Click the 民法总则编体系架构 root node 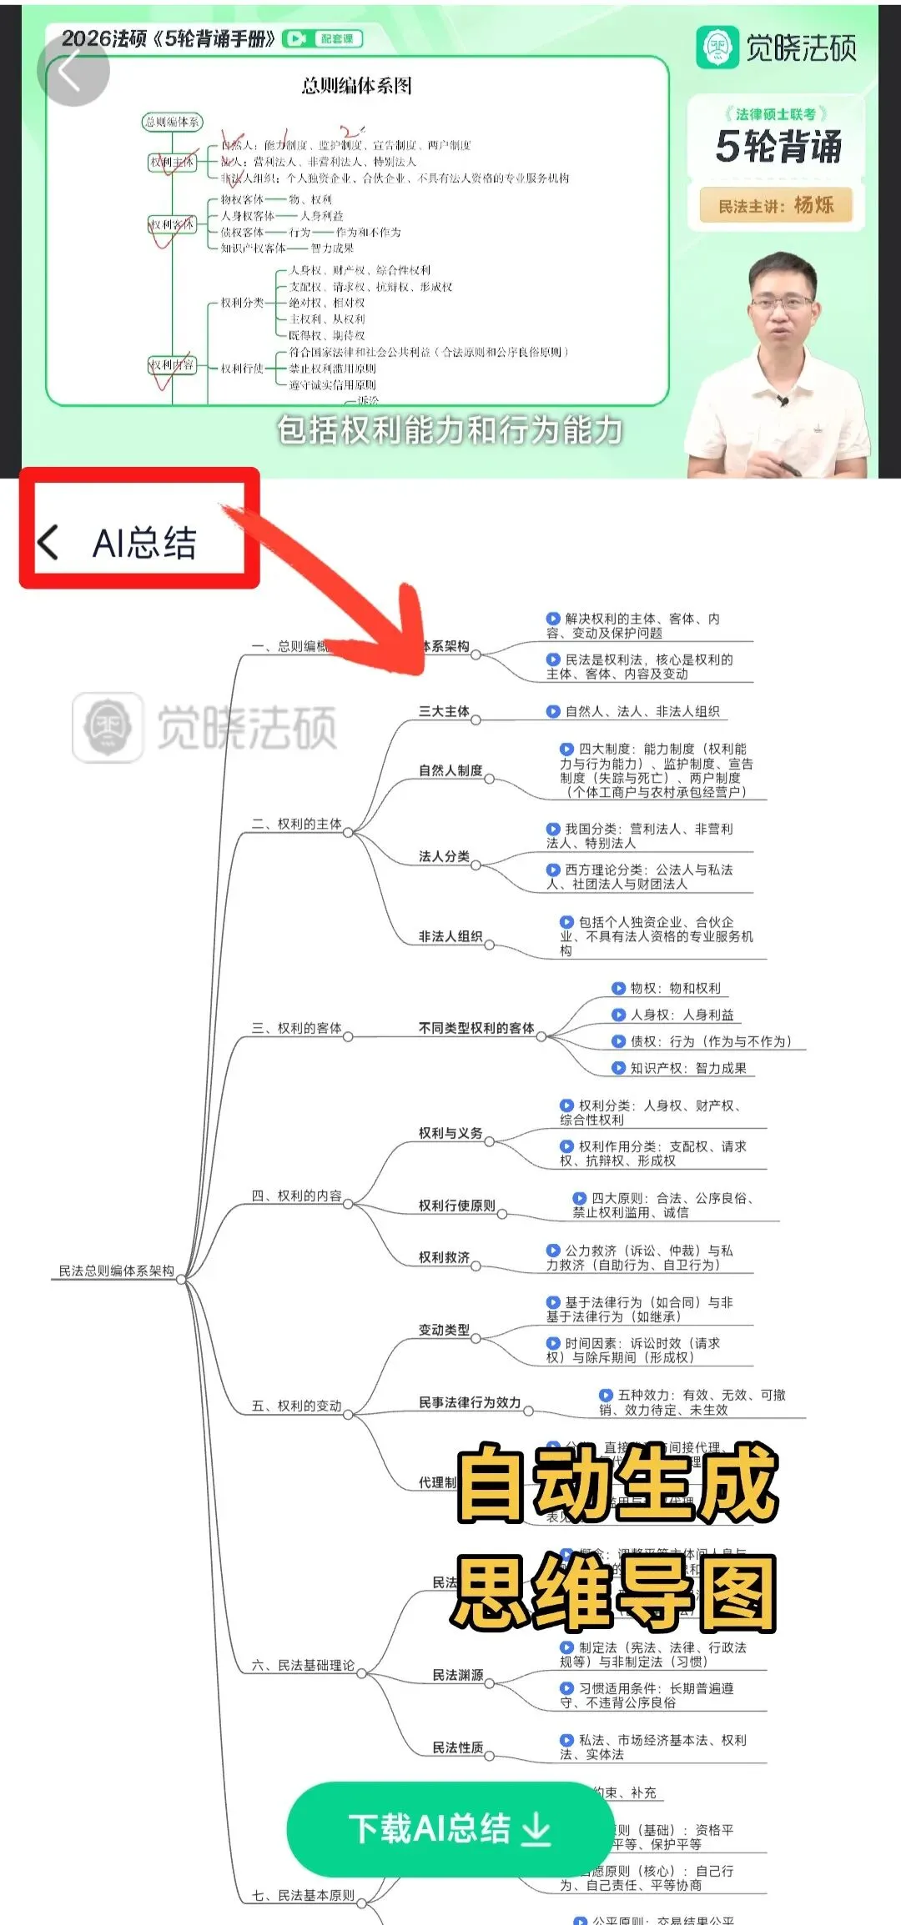[116, 1271]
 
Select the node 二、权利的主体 [297, 824]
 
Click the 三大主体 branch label [444, 711]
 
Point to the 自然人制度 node [450, 770]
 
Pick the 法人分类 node [444, 856]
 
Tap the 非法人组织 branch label [450, 936]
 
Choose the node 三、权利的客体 [297, 1028]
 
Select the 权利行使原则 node [456, 1206]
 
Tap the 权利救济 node [444, 1257]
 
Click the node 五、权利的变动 [297, 1406]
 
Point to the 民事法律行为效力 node [470, 1402]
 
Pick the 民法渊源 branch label [457, 1675]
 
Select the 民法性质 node [457, 1747]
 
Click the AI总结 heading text [144, 544]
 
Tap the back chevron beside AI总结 [48, 543]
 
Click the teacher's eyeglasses [782, 303]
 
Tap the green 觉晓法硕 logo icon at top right [717, 48]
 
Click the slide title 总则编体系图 [356, 86]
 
